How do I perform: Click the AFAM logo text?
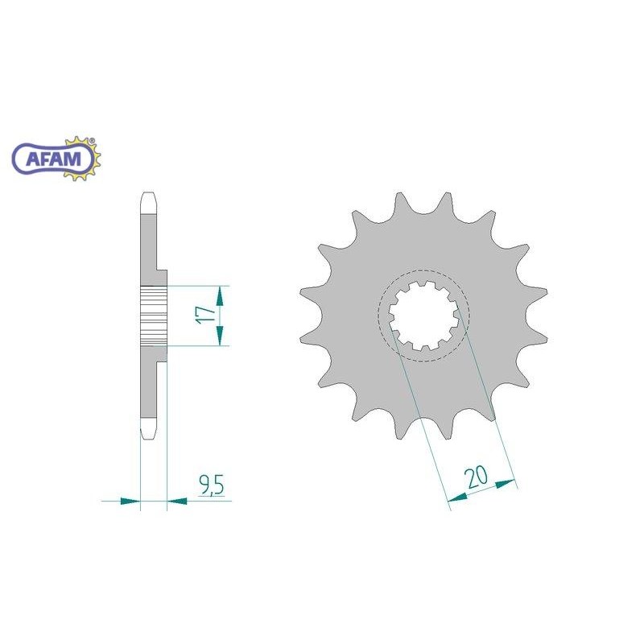54,159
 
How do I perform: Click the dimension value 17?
206,315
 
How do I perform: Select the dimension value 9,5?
212,485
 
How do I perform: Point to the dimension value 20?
476,477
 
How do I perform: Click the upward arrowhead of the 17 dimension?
220,296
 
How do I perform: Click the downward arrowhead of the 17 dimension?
220,335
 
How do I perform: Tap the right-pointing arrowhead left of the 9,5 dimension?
130,501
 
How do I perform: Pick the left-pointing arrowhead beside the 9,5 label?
177,501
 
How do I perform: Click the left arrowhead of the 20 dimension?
457,497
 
